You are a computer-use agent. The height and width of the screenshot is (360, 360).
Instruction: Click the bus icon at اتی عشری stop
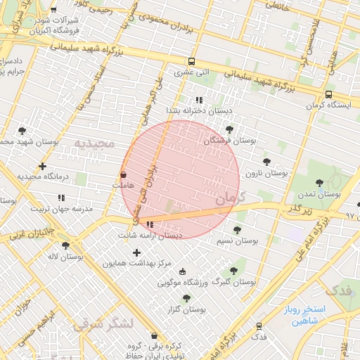(x=193, y=62)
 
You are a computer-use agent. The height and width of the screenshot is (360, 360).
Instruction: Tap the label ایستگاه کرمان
(x=328, y=105)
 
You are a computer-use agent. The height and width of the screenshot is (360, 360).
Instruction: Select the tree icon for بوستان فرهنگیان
(x=230, y=129)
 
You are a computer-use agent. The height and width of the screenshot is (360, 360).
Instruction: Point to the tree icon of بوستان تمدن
(x=319, y=183)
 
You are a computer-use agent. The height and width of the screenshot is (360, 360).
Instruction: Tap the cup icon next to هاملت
(x=124, y=174)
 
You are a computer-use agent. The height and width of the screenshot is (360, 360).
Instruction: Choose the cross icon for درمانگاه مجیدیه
(x=43, y=167)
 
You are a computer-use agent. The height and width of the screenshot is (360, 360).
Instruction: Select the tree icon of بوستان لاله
(x=65, y=246)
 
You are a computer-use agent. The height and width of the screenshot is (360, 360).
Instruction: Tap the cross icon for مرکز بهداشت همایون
(x=136, y=252)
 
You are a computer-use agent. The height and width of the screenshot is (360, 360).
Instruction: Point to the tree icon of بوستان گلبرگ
(x=233, y=270)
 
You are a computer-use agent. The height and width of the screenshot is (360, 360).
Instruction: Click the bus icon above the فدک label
(x=259, y=326)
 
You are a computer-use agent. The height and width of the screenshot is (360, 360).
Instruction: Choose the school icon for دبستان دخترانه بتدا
(x=199, y=100)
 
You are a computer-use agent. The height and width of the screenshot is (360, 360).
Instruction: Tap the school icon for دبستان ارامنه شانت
(x=150, y=225)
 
